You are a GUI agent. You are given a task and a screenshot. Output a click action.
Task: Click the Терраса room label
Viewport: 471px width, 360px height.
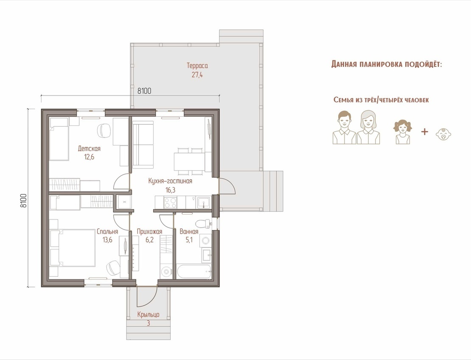point(197,65)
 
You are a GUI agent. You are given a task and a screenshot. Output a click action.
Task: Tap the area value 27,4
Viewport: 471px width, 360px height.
point(197,75)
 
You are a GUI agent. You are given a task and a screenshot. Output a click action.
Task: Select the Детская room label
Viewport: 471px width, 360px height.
point(89,149)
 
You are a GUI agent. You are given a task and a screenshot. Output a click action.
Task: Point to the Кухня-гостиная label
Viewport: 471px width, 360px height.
point(170,181)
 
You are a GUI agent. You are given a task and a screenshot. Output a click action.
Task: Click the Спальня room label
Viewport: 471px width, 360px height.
point(107,232)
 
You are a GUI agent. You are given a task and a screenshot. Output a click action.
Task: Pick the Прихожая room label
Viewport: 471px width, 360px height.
point(149,232)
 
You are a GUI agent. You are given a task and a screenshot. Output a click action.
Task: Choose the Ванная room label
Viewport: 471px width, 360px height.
point(189,232)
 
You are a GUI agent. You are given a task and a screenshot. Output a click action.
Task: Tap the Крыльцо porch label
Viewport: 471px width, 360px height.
point(149,315)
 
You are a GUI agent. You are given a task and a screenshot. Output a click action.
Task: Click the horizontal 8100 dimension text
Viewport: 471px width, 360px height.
point(144,91)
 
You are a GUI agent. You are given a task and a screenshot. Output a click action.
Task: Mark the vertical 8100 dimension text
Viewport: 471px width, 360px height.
point(23,200)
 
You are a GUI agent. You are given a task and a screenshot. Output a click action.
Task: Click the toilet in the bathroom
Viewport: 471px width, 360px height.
point(203,224)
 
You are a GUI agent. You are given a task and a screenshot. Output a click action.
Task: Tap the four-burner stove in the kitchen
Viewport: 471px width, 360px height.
point(170,202)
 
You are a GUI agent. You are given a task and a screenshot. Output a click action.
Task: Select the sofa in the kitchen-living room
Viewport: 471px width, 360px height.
point(143,143)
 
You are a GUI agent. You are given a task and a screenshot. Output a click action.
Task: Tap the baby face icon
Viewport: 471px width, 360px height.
point(444,134)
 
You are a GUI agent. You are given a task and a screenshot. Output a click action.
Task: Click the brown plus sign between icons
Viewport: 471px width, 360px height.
point(424,131)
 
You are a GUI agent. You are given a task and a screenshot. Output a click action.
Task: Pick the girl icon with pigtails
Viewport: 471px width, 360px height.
point(403,132)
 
